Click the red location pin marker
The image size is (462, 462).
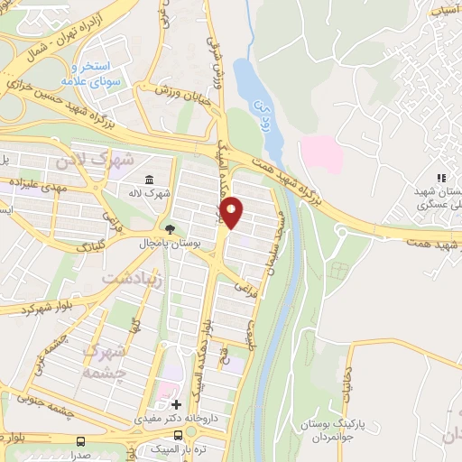pos(233,213)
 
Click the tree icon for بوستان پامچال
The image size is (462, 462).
pos(169,227)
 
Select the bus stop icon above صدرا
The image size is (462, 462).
pos(81,441)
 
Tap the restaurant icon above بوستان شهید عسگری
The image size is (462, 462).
pos(441,179)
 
